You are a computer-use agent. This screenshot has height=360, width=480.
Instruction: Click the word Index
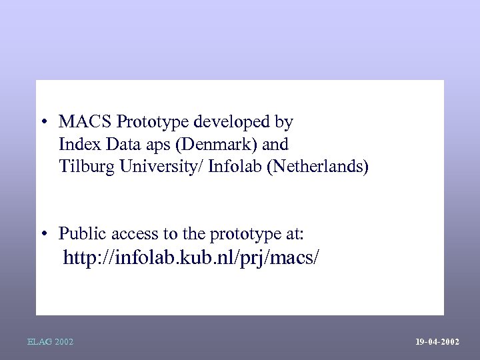tap(75, 144)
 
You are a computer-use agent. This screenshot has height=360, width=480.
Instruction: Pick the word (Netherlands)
tap(317, 165)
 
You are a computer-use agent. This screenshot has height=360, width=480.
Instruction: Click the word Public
tap(80, 234)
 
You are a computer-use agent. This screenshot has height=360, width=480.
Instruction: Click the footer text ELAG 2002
tap(51, 342)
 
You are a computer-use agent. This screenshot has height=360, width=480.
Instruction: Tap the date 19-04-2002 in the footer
tap(437, 342)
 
